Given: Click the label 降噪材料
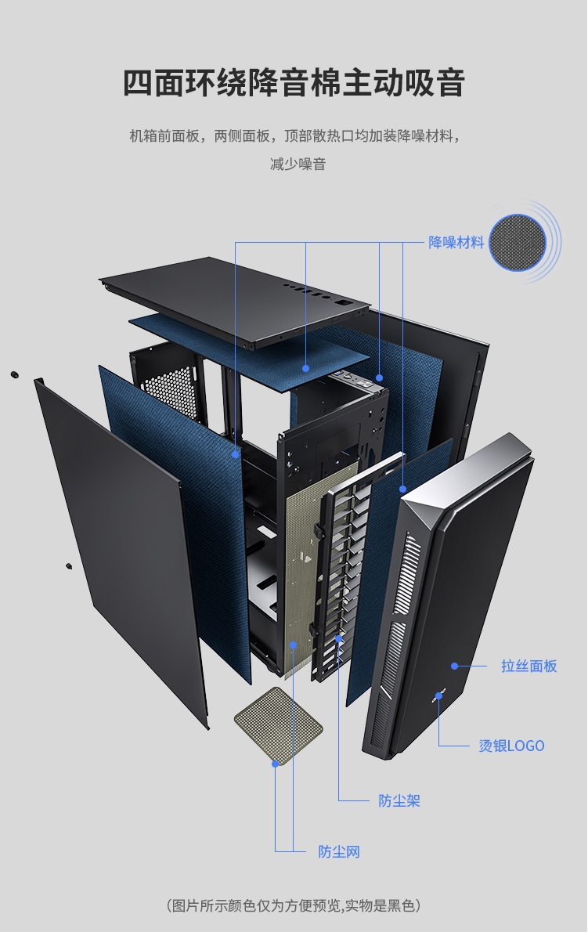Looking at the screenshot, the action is [x=456, y=243].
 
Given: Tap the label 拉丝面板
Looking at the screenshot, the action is [x=528, y=666].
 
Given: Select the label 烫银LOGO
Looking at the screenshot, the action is [x=511, y=746].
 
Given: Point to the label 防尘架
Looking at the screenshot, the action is [x=399, y=800].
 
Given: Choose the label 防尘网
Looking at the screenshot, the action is [x=339, y=852].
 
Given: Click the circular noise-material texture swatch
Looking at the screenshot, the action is [x=518, y=243].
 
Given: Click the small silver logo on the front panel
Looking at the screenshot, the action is [x=440, y=695].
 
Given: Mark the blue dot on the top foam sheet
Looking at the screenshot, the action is [x=306, y=368].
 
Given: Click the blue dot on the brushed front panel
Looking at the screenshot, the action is [x=454, y=666].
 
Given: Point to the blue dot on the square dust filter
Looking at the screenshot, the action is [x=275, y=764].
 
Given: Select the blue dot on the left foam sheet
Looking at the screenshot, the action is [x=235, y=455].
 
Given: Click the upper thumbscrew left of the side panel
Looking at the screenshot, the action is [x=14, y=374].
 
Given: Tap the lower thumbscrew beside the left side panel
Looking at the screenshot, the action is [x=69, y=565].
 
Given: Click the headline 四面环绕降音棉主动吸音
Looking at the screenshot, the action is [x=294, y=82].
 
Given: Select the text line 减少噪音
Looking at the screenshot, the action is [x=298, y=164].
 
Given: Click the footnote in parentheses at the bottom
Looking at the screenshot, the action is [x=294, y=905].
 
